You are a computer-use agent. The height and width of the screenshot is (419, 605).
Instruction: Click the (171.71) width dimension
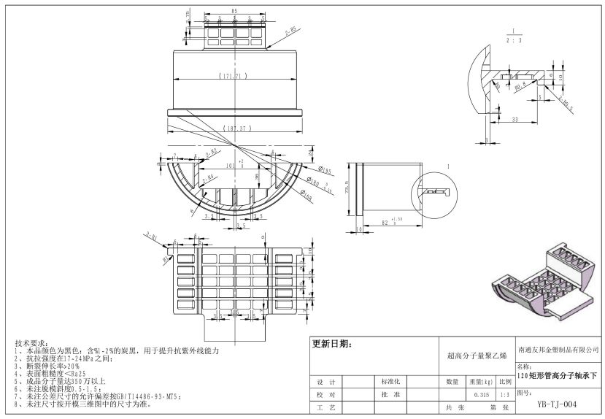(234, 76)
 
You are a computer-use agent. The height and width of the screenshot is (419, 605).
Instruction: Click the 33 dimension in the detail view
(516, 118)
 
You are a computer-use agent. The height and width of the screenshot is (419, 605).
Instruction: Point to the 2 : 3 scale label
(515, 41)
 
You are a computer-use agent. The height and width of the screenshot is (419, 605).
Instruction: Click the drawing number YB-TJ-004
(557, 403)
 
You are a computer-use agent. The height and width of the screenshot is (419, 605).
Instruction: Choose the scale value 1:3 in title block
(504, 394)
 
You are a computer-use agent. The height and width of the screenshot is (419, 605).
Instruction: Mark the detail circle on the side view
(436, 192)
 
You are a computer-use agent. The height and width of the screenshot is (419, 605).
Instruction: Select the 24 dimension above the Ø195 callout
(311, 154)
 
